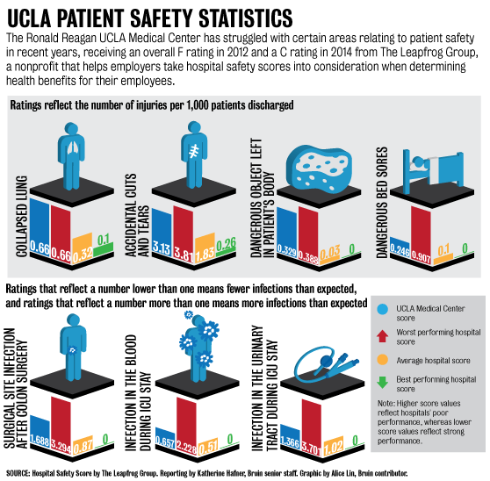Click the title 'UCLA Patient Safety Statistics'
pyautogui.click(x=149, y=17)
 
